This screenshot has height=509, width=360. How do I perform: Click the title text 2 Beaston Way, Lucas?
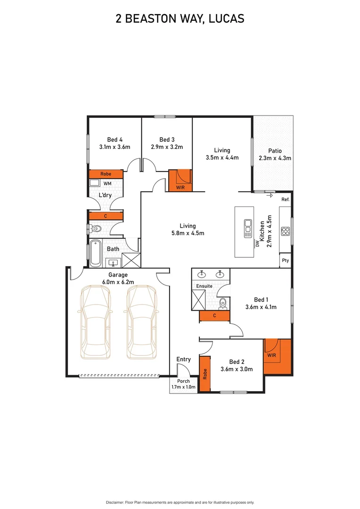click(180, 19)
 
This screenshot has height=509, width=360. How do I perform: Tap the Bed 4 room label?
click(115, 140)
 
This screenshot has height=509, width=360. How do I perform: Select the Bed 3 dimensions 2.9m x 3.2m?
click(167, 147)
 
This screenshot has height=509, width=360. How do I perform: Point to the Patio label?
click(275, 151)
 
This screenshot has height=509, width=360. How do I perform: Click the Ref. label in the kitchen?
click(285, 200)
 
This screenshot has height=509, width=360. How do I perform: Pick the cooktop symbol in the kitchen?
click(285, 231)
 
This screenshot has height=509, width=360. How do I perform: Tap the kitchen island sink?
click(247, 229)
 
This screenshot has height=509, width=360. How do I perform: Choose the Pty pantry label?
click(285, 260)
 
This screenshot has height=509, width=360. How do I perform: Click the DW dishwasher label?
click(257, 244)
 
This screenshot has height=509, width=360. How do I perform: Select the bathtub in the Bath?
click(95, 253)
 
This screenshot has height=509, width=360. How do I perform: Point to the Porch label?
click(183, 381)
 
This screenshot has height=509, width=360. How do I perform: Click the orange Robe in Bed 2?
click(205, 374)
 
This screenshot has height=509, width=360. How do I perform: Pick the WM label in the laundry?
click(107, 183)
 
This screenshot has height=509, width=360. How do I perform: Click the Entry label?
click(183, 360)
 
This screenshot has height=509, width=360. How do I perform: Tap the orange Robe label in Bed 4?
click(106, 174)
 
